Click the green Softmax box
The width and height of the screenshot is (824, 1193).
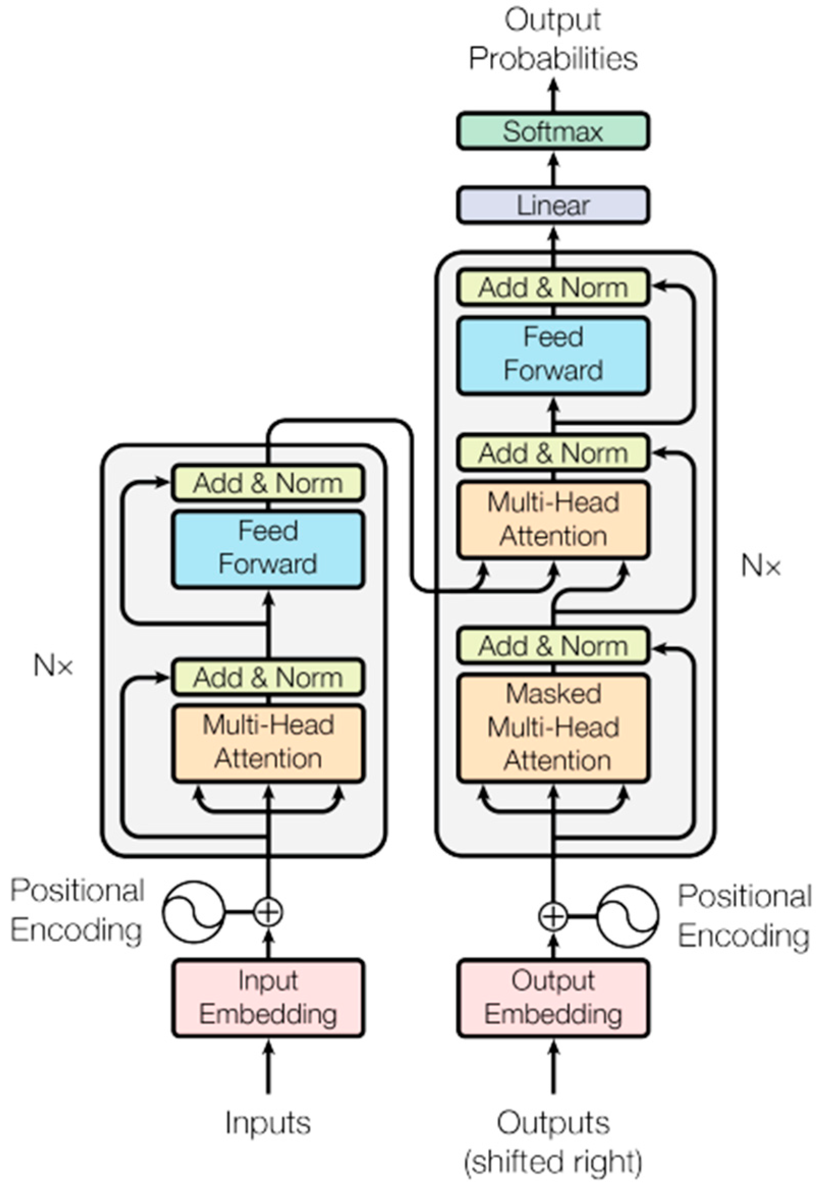pyautogui.click(x=552, y=131)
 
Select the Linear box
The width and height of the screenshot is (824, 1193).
pyautogui.click(x=552, y=206)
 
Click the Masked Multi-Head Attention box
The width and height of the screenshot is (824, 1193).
pyautogui.click(x=552, y=727)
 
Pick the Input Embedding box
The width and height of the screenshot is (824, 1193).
pyautogui.click(x=268, y=997)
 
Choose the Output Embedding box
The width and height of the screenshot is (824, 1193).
pyautogui.click(x=552, y=997)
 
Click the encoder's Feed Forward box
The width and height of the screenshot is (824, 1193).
pyautogui.click(x=268, y=549)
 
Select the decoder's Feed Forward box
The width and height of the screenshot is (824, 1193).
pyautogui.click(x=552, y=355)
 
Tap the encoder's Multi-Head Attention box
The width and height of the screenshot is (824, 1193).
pyautogui.click(x=268, y=743)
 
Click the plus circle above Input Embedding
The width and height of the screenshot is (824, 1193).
pyautogui.click(x=268, y=911)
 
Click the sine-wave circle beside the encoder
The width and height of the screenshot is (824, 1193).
pyautogui.click(x=193, y=911)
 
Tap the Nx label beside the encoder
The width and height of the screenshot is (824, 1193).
pyautogui.click(x=53, y=666)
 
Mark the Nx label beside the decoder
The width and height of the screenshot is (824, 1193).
pyautogui.click(x=760, y=566)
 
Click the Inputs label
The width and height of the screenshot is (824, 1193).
pyautogui.click(x=268, y=1123)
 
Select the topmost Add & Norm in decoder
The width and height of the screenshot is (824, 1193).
pyautogui.click(x=552, y=287)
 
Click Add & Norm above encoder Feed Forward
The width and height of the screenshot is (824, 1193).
pyautogui.click(x=268, y=483)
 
